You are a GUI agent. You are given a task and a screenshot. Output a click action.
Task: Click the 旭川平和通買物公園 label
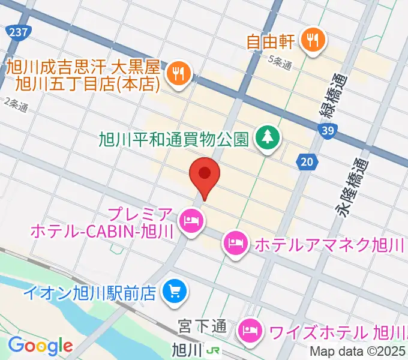[174, 139]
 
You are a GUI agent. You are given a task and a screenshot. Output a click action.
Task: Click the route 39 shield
[326, 130]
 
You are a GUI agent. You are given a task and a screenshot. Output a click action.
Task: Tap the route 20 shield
[307, 160]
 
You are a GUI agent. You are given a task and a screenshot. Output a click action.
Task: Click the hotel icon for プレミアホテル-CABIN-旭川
[191, 221]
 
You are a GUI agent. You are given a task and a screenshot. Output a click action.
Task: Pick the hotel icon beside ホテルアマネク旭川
[233, 244]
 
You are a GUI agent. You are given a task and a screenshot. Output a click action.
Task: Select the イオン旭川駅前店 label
[89, 293]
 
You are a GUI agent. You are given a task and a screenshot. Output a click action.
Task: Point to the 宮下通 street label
[202, 327]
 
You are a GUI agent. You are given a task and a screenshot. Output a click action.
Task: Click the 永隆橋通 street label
[345, 192]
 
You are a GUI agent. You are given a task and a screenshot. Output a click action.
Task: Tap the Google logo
[40, 346]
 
